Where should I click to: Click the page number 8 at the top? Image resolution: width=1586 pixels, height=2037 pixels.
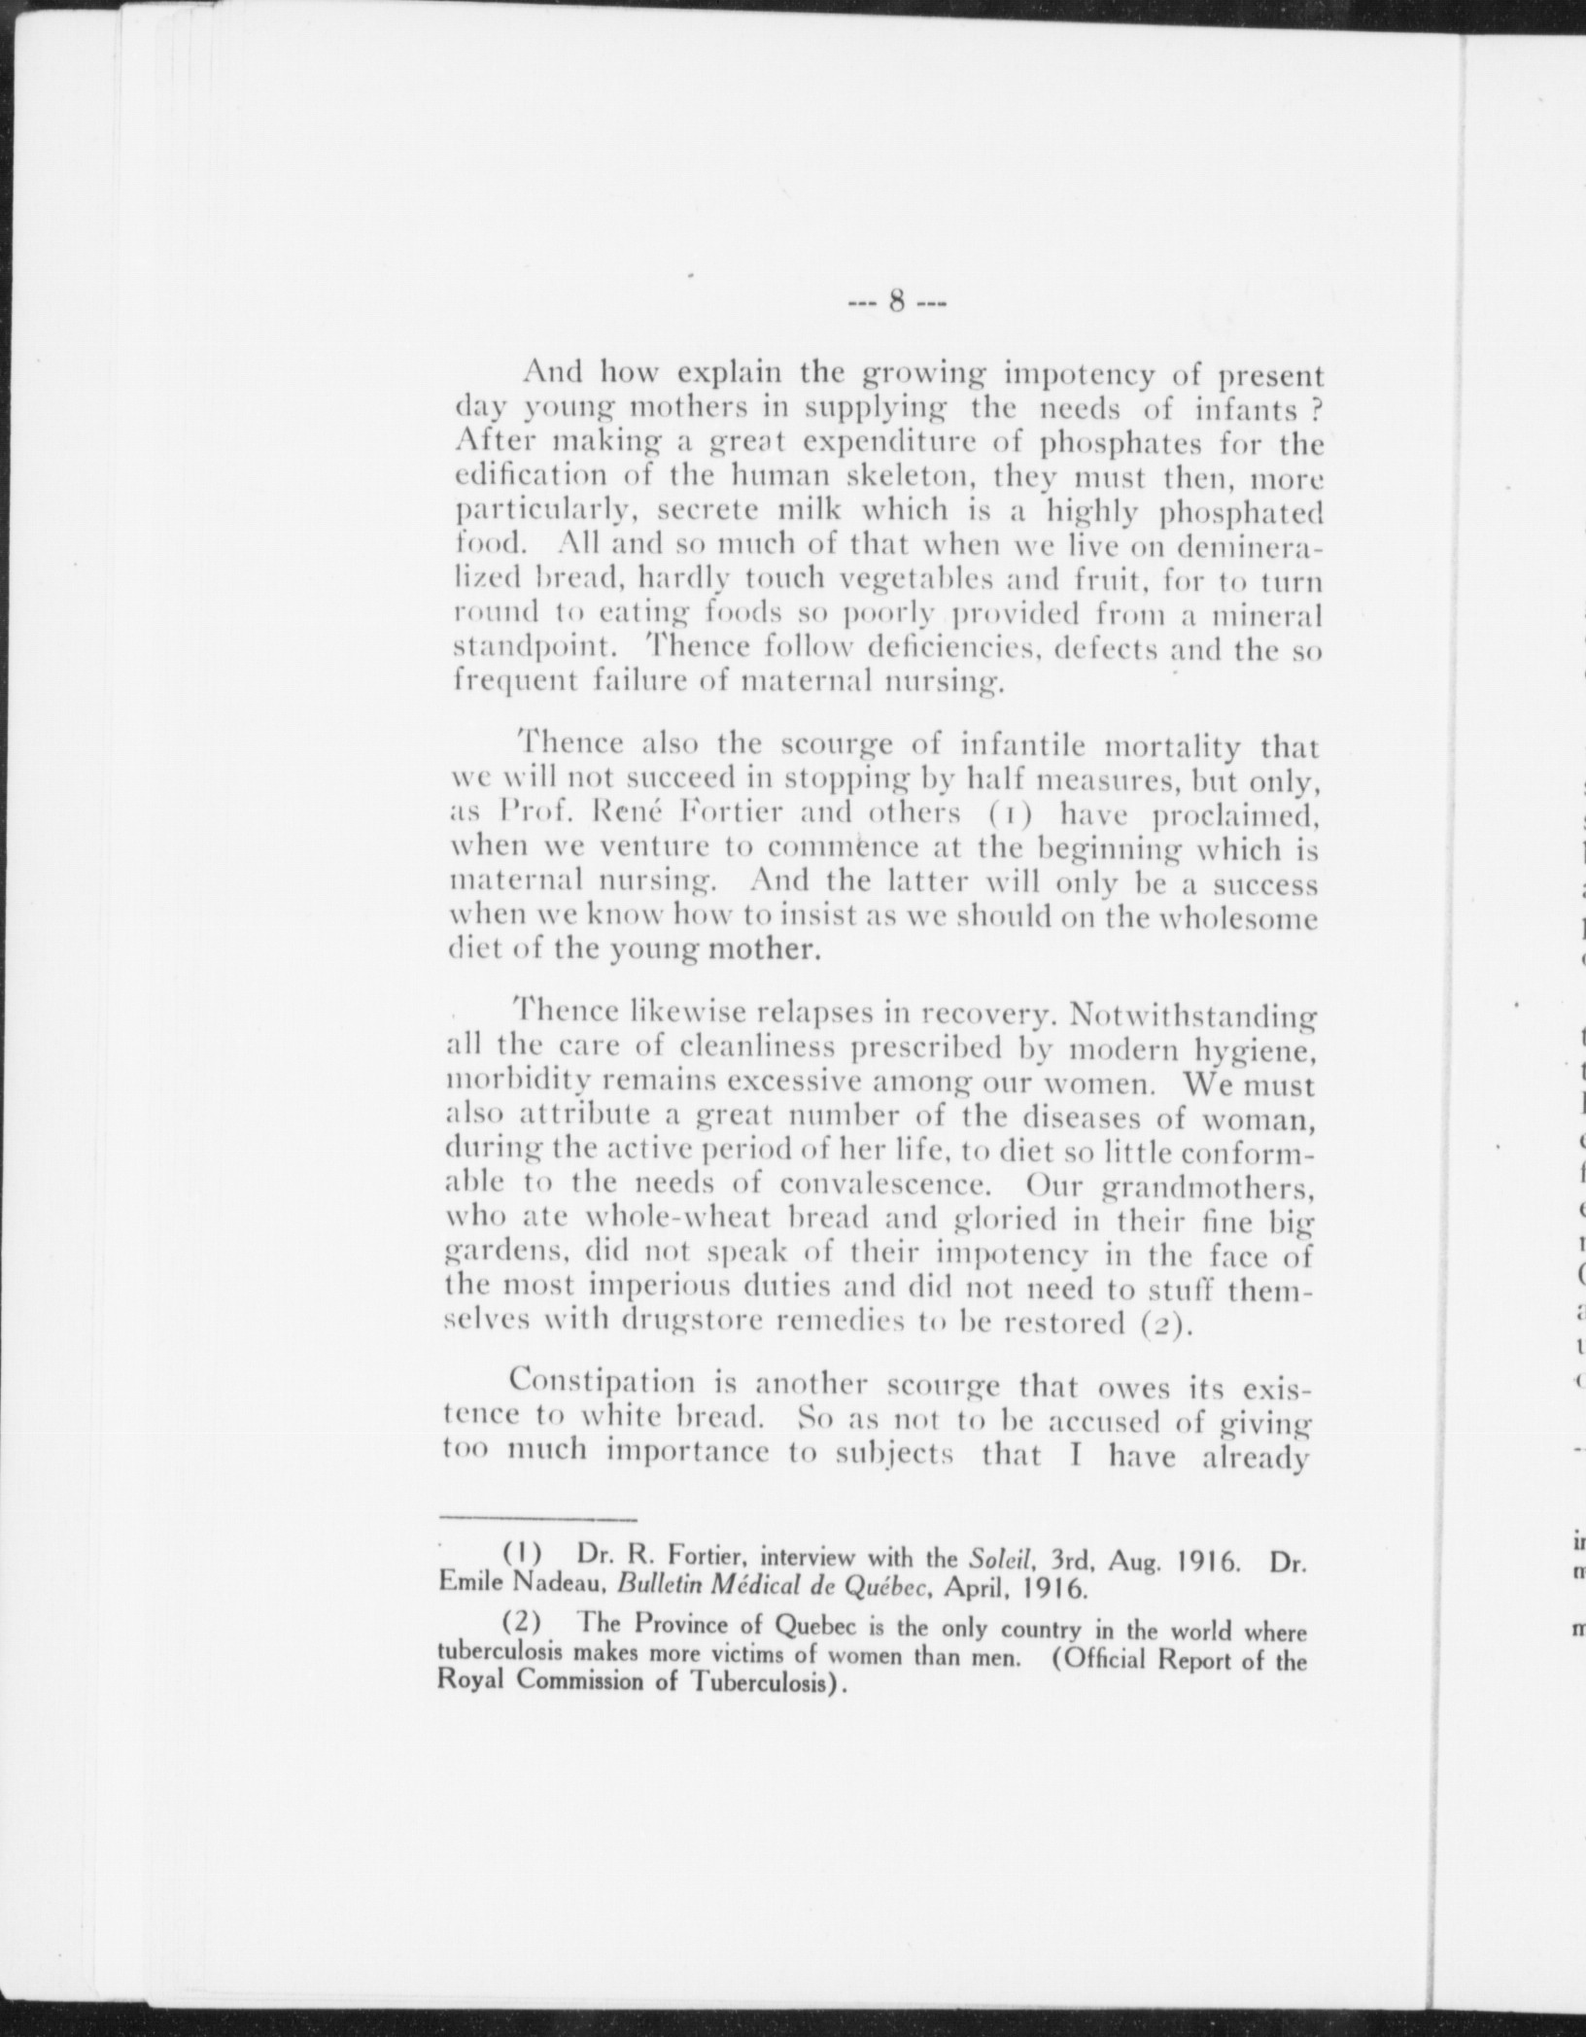897,302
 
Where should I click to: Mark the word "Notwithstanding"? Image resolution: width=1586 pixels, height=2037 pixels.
1189,1015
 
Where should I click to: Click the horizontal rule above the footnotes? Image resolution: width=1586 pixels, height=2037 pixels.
536,1543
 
